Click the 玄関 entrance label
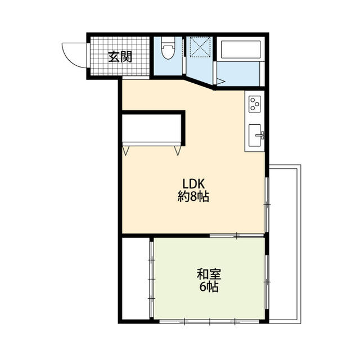tap(120, 56)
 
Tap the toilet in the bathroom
tap(168, 51)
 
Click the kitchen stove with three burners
tap(255, 104)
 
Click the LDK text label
tap(194, 184)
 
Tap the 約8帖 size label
tap(193, 197)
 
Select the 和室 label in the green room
tap(209, 274)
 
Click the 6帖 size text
tap(209, 287)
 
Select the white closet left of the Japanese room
tap(135, 278)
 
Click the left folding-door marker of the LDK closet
tap(126, 150)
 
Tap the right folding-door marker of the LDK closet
tap(178, 150)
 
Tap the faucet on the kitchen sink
tap(260, 134)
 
